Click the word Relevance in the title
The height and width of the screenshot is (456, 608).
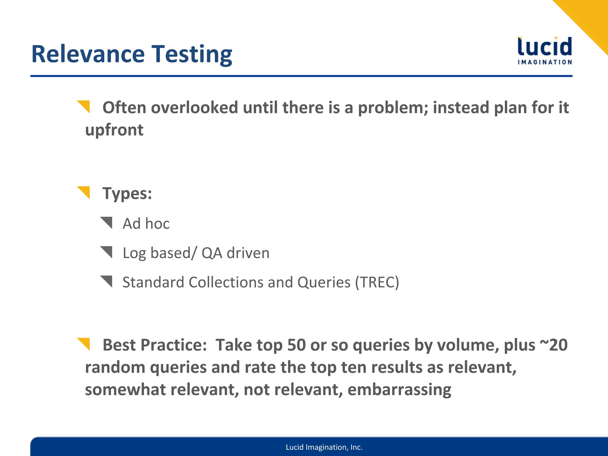click(88, 54)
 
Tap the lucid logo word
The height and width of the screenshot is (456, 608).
click(545, 47)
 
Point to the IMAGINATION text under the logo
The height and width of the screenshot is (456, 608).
click(545, 62)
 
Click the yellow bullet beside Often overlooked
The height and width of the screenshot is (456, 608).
click(84, 106)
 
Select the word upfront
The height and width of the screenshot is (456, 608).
click(114, 130)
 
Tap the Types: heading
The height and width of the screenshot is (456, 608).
click(127, 194)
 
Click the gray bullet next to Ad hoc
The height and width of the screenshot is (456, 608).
click(107, 222)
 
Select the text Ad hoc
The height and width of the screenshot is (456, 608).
click(146, 224)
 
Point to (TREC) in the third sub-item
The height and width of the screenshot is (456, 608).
click(377, 282)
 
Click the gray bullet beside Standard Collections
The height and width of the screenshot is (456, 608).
click(107, 281)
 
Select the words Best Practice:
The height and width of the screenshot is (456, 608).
click(154, 345)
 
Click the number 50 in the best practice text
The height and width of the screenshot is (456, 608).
click(296, 345)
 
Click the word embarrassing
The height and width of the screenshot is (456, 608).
click(399, 389)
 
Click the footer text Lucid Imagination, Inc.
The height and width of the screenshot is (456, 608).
click(324, 447)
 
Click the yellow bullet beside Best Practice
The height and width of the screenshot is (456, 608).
click(84, 343)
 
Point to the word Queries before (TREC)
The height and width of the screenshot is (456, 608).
click(324, 282)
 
